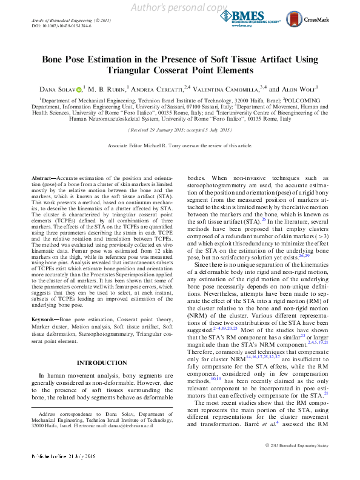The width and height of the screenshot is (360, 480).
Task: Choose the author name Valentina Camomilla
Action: pyautogui.click(x=233, y=88)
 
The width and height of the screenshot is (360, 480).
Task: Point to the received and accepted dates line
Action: pyautogui.click(x=179, y=130)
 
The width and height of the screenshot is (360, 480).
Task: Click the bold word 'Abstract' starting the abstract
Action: pyautogui.click(x=43, y=178)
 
